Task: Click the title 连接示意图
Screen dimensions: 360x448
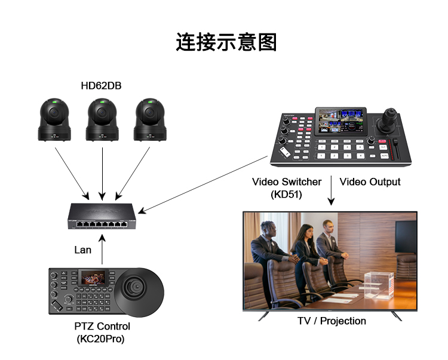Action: click(226, 42)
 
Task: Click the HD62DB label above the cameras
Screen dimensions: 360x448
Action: click(101, 86)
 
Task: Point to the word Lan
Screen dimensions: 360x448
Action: click(82, 250)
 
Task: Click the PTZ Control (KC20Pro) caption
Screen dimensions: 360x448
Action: click(102, 333)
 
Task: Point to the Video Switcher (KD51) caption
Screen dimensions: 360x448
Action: click(287, 187)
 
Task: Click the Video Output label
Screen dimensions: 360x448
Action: click(370, 181)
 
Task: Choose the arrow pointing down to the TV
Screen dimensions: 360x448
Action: click(331, 191)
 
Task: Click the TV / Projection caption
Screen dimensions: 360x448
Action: click(332, 321)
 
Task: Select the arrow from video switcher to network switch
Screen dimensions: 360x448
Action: click(203, 183)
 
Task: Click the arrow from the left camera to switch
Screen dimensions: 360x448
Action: click(72, 173)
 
